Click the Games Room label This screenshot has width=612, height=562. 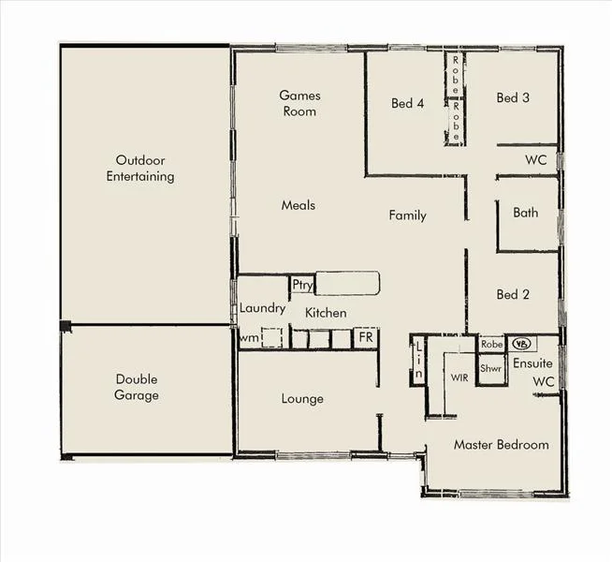[299, 103]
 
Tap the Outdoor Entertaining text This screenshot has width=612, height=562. [140, 169]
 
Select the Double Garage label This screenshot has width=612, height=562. [137, 387]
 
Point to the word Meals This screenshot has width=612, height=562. [299, 205]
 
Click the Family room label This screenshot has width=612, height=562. [407, 215]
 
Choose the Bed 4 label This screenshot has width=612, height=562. [408, 103]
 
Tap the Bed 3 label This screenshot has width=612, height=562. [513, 97]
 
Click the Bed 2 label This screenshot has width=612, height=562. [513, 294]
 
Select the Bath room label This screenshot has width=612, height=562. [526, 213]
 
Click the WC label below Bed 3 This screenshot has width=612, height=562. [535, 159]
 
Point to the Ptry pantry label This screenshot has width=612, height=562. [302, 285]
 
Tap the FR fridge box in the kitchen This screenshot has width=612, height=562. [365, 337]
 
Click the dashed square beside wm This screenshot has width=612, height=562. [272, 337]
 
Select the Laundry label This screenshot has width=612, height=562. [262, 308]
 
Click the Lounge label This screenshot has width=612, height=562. [302, 399]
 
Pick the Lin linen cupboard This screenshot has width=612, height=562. [418, 361]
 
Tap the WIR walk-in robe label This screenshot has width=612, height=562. [459, 378]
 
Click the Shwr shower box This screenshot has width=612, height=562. [491, 369]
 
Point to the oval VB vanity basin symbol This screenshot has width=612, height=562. [521, 344]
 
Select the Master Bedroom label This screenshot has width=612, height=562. [501, 444]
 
